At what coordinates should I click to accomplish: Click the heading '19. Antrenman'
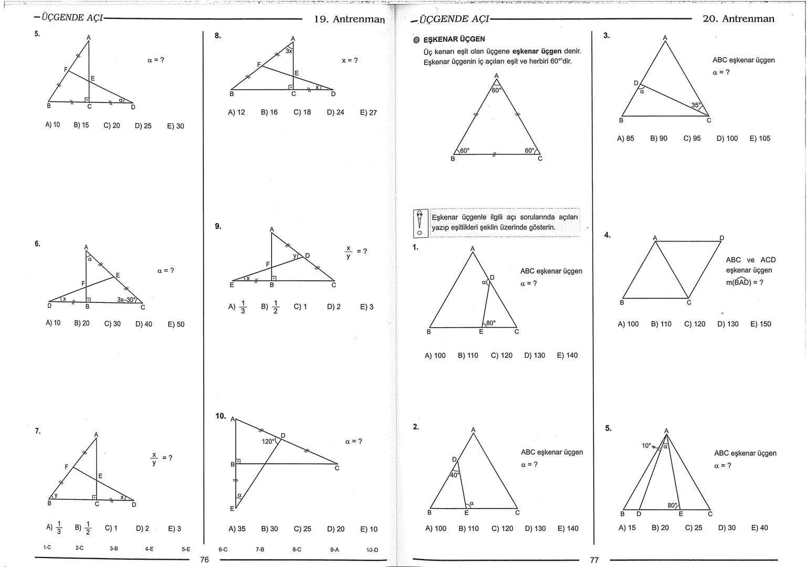[x=349, y=19]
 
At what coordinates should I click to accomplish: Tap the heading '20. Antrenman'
[x=738, y=19]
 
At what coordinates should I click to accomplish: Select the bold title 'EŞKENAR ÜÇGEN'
[x=454, y=39]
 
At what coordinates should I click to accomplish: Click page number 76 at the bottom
[x=205, y=560]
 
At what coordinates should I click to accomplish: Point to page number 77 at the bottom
[x=594, y=560]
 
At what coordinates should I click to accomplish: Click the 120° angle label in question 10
[x=268, y=441]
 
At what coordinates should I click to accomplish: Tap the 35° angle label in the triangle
[x=696, y=105]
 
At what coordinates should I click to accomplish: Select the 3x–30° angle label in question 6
[x=127, y=299]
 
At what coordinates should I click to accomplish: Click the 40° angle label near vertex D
[x=455, y=475]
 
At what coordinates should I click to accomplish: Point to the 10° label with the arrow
[x=646, y=445]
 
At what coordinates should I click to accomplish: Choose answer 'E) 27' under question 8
[x=368, y=112]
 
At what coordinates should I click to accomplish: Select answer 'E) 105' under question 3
[x=760, y=139]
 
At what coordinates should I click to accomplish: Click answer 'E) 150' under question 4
[x=761, y=324]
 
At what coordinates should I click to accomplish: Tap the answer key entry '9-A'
[x=334, y=550]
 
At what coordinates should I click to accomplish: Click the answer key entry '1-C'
[x=47, y=548]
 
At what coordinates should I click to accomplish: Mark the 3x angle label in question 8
[x=289, y=51]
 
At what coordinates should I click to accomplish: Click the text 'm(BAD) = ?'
[x=745, y=282]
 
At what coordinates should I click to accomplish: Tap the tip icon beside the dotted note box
[x=420, y=223]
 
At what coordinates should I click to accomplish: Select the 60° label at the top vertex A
[x=497, y=90]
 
